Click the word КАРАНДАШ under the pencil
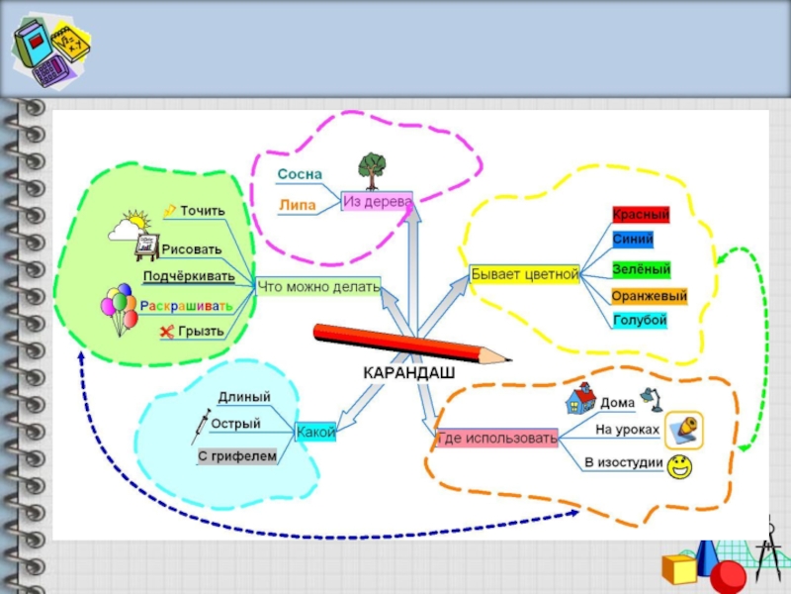(409, 373)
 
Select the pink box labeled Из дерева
(377, 201)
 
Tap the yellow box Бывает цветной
(525, 274)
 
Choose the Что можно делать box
(318, 286)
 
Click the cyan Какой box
(315, 432)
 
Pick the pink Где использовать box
(497, 438)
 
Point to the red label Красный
(641, 215)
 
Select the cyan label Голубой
(640, 320)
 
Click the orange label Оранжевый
(650, 296)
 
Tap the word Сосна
(300, 174)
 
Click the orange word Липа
(298, 205)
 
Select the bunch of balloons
(119, 309)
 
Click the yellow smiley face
(679, 466)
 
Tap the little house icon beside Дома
(581, 399)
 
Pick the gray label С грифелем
(237, 456)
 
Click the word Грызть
(202, 332)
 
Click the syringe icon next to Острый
(201, 427)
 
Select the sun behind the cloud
(137, 219)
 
